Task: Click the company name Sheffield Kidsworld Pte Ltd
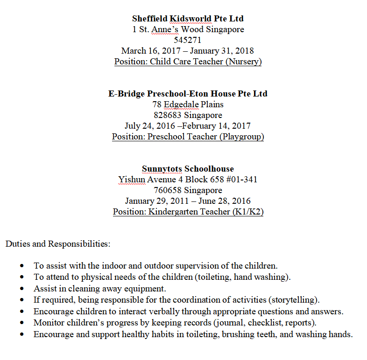188,19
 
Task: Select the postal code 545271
188,40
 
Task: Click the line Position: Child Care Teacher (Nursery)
188,62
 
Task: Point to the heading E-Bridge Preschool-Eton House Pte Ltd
188,94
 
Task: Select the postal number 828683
168,115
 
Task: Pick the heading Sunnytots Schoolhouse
188,169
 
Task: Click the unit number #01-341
240,180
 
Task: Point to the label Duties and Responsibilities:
58,243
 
